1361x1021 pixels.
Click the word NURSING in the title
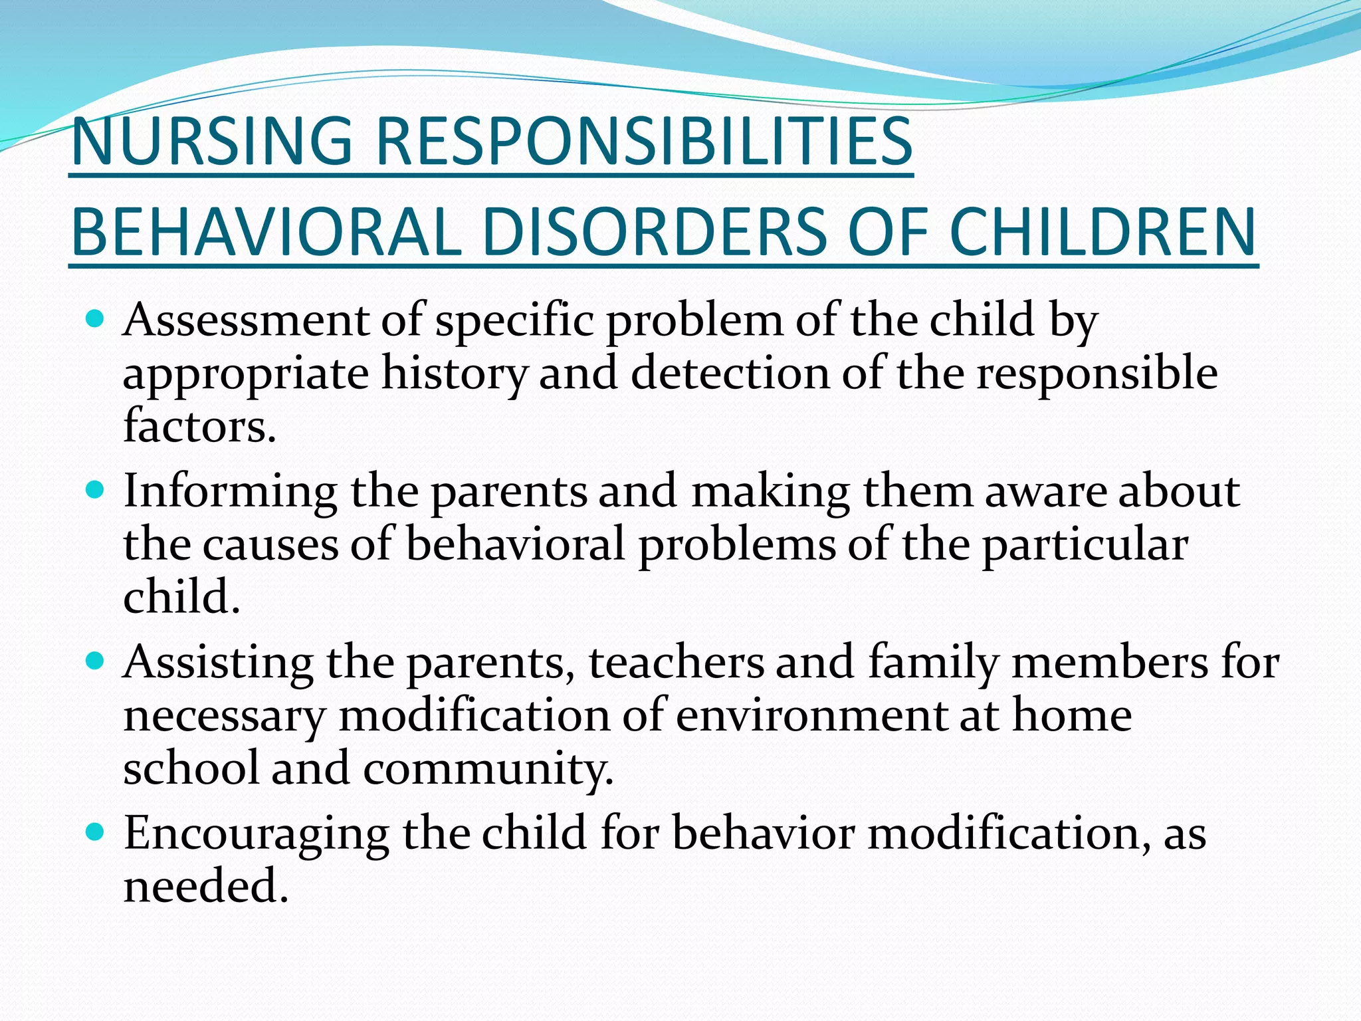coord(211,142)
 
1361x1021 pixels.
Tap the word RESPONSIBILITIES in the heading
coord(644,142)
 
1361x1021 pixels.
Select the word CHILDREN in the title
coord(1102,233)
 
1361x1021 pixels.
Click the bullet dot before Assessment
coord(96,320)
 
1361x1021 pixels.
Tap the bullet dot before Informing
coord(96,491)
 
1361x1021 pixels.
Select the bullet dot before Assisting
coord(96,661)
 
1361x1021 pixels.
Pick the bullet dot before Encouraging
coord(96,832)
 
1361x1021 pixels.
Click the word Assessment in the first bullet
coord(246,320)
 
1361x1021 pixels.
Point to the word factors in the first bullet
coord(199,427)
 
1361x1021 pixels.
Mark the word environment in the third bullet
coord(811,717)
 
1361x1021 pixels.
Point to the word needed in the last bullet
coord(205,887)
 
